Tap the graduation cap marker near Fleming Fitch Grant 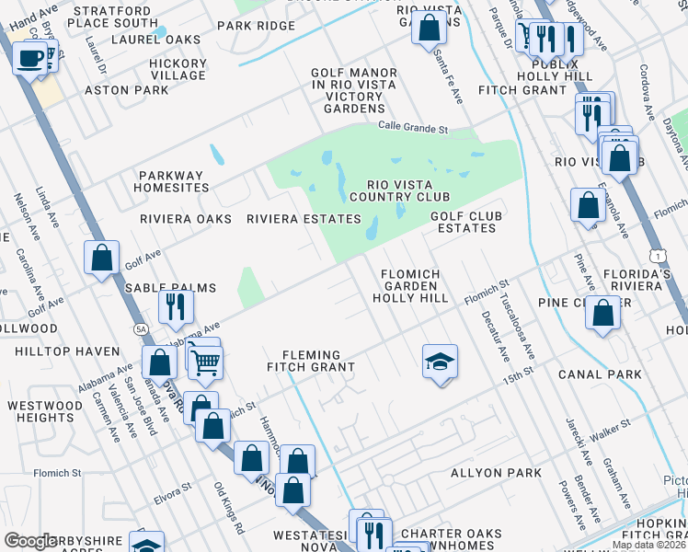[x=441, y=362]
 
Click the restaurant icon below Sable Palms [x=175, y=306]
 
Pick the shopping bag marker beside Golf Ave [x=102, y=258]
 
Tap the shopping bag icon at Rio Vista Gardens [x=429, y=29]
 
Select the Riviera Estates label [x=304, y=219]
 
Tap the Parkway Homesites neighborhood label [x=174, y=181]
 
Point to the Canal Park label [x=600, y=374]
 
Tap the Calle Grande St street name [x=412, y=128]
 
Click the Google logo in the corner [x=30, y=541]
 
